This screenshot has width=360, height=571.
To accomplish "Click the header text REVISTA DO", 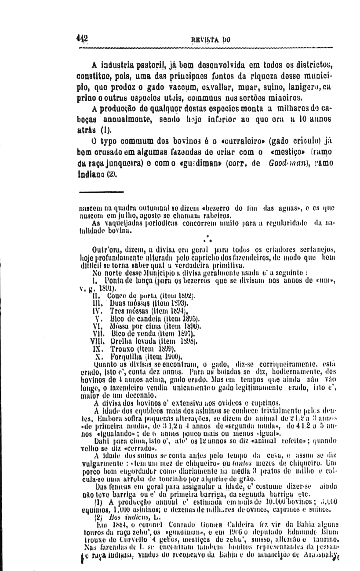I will click(209, 40).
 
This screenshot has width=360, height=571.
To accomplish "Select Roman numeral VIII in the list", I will click(97, 340).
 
